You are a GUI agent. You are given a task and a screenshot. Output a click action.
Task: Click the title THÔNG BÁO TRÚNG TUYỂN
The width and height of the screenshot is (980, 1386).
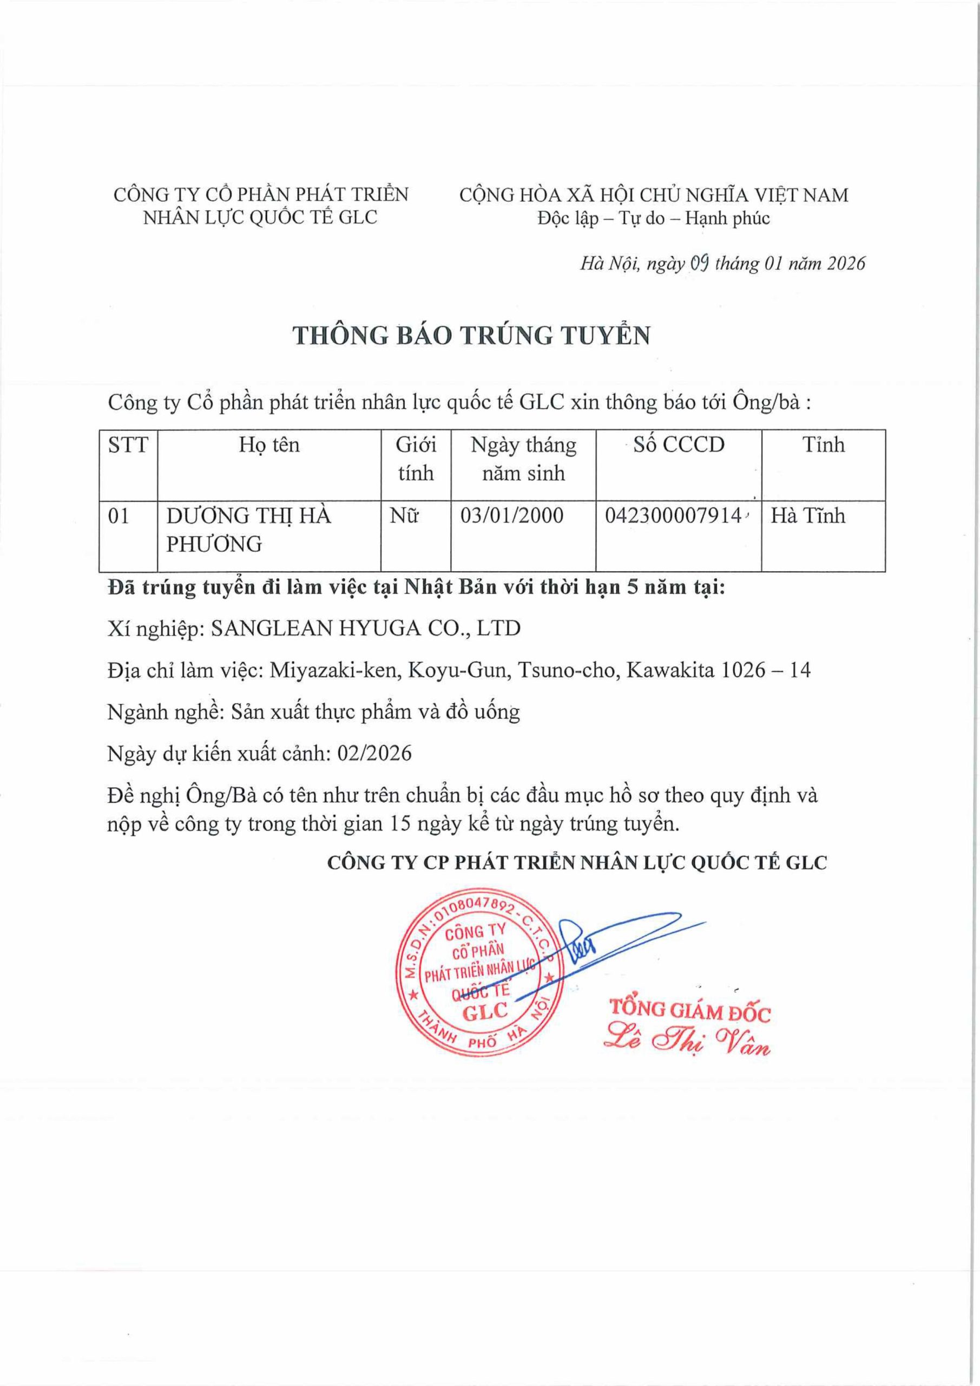click(x=471, y=335)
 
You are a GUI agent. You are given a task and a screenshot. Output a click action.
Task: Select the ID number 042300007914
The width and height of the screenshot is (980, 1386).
click(x=672, y=515)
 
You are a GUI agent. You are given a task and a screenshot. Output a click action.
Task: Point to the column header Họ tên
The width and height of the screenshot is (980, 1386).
click(x=269, y=445)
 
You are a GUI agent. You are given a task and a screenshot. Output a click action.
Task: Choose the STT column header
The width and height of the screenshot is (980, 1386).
click(x=128, y=445)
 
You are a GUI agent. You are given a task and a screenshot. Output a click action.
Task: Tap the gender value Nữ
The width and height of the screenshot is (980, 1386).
click(x=404, y=515)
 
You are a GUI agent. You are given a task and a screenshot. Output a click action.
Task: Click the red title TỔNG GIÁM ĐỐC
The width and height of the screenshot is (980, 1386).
click(x=690, y=1010)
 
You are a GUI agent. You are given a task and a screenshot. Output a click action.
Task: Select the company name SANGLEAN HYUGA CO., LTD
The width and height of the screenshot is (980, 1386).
click(x=365, y=629)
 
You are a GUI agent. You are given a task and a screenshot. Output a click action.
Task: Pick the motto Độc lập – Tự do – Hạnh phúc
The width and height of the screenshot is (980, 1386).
click(x=654, y=218)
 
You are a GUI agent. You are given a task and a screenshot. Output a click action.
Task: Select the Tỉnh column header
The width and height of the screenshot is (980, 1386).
click(x=823, y=445)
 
